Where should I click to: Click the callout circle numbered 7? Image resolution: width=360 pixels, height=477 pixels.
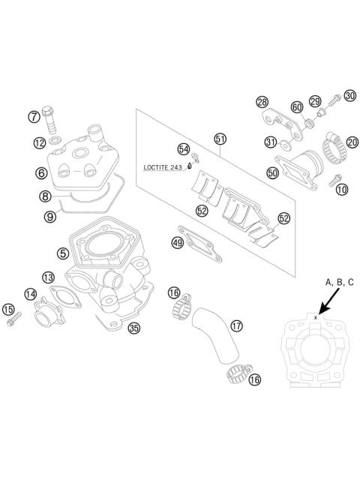tap(34, 116)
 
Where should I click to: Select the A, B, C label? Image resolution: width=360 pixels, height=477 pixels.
tap(339, 283)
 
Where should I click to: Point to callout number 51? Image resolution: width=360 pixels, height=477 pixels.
tap(220, 139)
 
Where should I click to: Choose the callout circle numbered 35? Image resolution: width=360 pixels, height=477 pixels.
tap(134, 327)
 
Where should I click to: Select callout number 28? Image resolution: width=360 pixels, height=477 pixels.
tap(262, 102)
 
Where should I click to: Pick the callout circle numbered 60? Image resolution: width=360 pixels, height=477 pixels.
tap(297, 107)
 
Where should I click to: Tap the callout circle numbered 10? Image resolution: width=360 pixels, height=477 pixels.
tap(342, 189)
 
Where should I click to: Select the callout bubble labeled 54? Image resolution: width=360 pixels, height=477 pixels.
tap(184, 148)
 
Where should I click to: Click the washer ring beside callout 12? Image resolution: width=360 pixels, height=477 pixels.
tap(56, 140)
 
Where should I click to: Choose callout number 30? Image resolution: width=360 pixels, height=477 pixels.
tap(349, 95)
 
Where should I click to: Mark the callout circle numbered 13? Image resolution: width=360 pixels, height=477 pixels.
tap(48, 277)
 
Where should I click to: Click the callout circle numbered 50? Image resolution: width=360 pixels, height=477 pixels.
tap(273, 173)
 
